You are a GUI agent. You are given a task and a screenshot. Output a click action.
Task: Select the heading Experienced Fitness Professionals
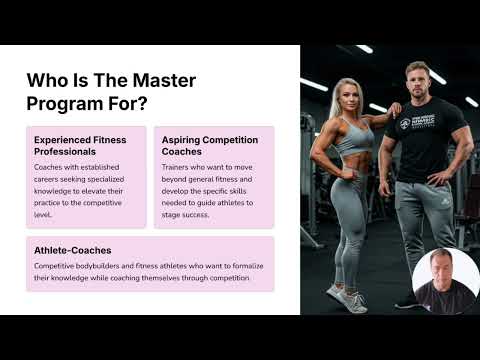coord(79,145)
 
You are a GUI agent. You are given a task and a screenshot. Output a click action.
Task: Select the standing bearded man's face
coord(419,80)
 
